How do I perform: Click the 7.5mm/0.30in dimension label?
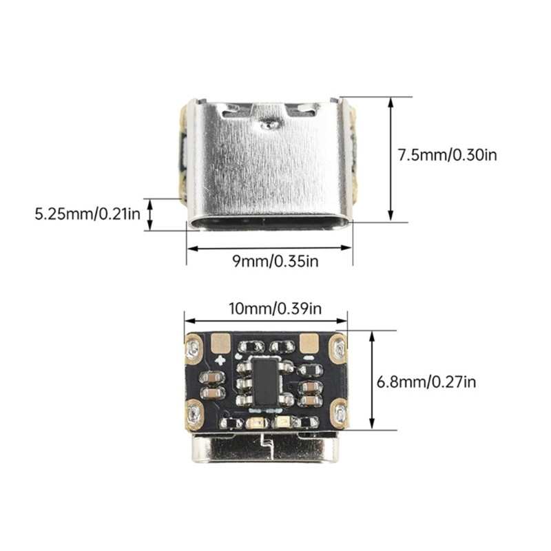447,154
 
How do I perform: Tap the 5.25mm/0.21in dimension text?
87,214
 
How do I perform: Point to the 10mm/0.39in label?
275,309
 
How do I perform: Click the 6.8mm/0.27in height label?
426,382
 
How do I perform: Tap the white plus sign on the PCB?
221,360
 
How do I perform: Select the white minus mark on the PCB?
308,358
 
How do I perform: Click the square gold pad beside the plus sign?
220,342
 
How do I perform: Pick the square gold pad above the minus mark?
309,342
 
